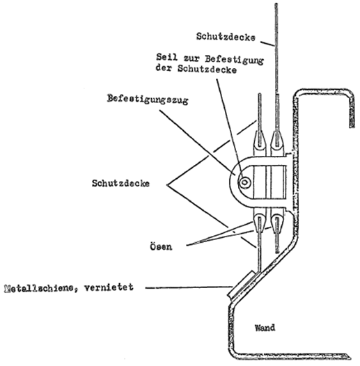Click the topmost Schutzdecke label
click(x=226, y=37)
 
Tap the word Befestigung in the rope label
click(x=235, y=60)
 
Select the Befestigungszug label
click(x=148, y=100)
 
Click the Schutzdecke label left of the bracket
click(x=120, y=184)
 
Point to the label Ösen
click(x=161, y=246)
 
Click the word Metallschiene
click(x=39, y=289)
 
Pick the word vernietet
click(x=109, y=287)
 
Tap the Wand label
click(x=265, y=328)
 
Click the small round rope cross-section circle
click(x=244, y=182)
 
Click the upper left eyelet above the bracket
click(x=260, y=141)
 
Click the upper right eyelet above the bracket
click(x=277, y=141)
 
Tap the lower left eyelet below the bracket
click(x=260, y=223)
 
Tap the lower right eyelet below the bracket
click(x=277, y=223)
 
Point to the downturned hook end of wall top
click(x=352, y=110)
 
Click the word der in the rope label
click(x=164, y=68)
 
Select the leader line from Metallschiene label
click(x=189, y=287)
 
